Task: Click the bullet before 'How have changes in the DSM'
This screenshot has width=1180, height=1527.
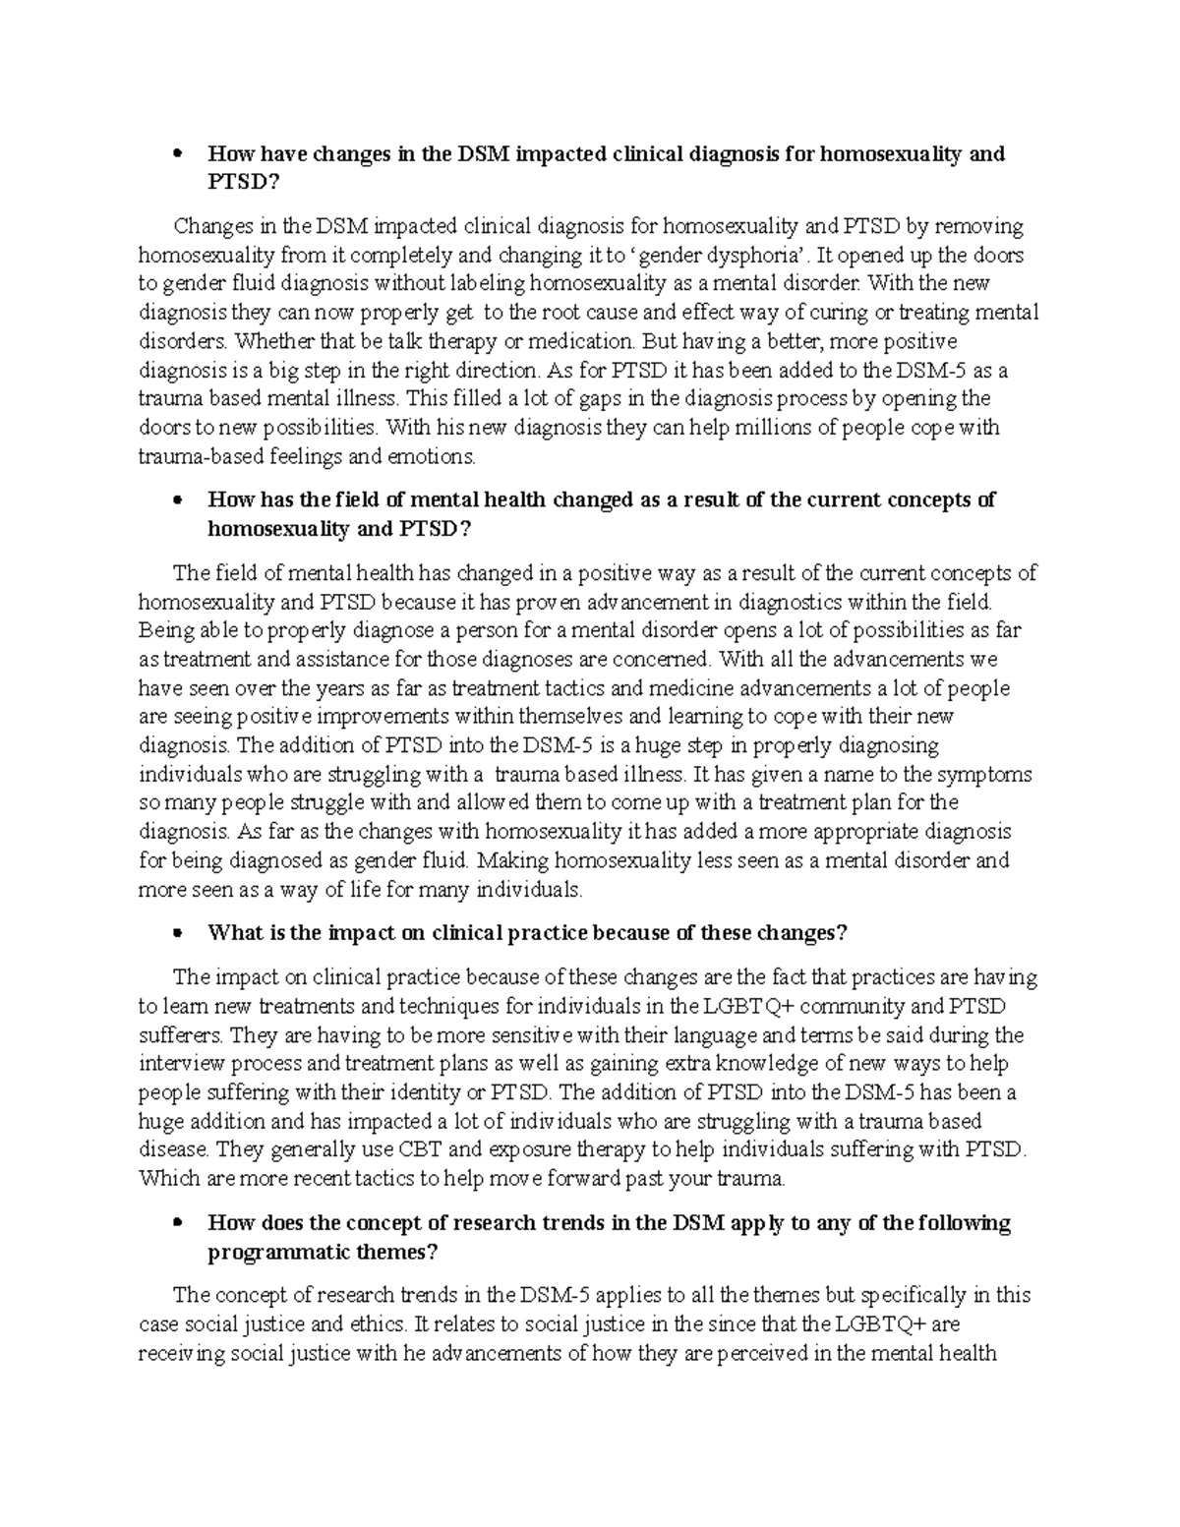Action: [178, 154]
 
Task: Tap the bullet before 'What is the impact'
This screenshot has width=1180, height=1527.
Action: [178, 933]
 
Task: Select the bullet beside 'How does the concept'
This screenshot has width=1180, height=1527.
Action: [178, 1223]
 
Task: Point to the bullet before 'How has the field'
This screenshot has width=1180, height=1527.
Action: [178, 500]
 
